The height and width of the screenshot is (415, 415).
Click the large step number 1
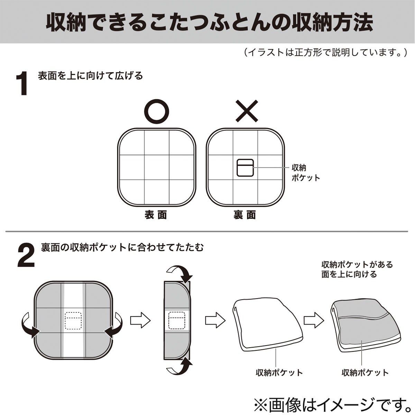click(x=22, y=84)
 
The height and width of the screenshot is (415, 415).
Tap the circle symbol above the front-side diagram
click(x=157, y=111)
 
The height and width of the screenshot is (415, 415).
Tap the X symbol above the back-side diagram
click(x=247, y=111)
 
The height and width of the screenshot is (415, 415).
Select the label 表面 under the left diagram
click(x=156, y=215)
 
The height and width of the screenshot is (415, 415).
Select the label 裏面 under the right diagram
click(x=245, y=215)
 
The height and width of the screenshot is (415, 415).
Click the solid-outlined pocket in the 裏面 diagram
click(x=245, y=167)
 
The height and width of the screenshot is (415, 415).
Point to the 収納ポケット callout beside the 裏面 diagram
click(x=306, y=173)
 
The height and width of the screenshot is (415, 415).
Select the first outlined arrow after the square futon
click(x=140, y=321)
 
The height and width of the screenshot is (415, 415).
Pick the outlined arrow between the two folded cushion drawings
click(x=314, y=321)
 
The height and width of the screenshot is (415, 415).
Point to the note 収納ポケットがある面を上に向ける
click(x=357, y=269)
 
